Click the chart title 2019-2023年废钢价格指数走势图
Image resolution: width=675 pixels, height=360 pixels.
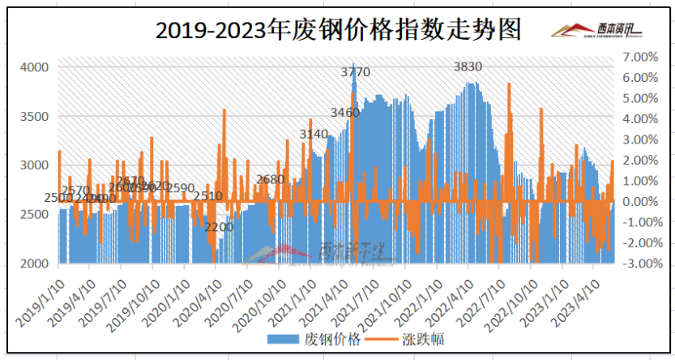click(x=338, y=30)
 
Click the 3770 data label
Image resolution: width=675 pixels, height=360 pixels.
click(x=355, y=72)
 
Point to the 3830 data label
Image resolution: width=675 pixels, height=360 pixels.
click(x=468, y=66)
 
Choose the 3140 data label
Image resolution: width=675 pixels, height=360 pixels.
click(x=314, y=134)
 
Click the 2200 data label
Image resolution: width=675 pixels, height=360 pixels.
click(x=219, y=227)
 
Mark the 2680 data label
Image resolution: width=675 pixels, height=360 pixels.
click(x=270, y=179)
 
